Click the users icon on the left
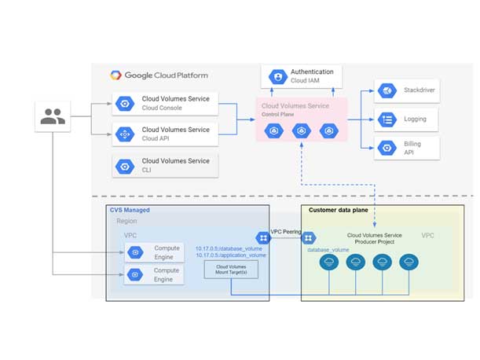pyautogui.click(x=53, y=116)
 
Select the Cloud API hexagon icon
pyautogui.click(x=123, y=134)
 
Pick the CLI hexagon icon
pyautogui.click(x=123, y=166)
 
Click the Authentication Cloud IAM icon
pyautogui.click(x=277, y=77)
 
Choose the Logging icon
pyautogui.click(x=386, y=119)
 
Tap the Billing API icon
pyautogui.click(x=386, y=147)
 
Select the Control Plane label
pyautogui.click(x=280, y=115)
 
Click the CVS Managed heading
pyautogui.click(x=130, y=211)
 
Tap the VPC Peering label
pyautogui.click(x=287, y=233)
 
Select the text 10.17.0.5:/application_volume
pyautogui.click(x=231, y=255)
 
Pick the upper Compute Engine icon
pyautogui.click(x=135, y=252)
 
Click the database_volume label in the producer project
pyautogui.click(x=328, y=248)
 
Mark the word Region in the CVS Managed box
pyautogui.click(x=126, y=222)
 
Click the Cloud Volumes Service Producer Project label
pyautogui.click(x=375, y=239)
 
